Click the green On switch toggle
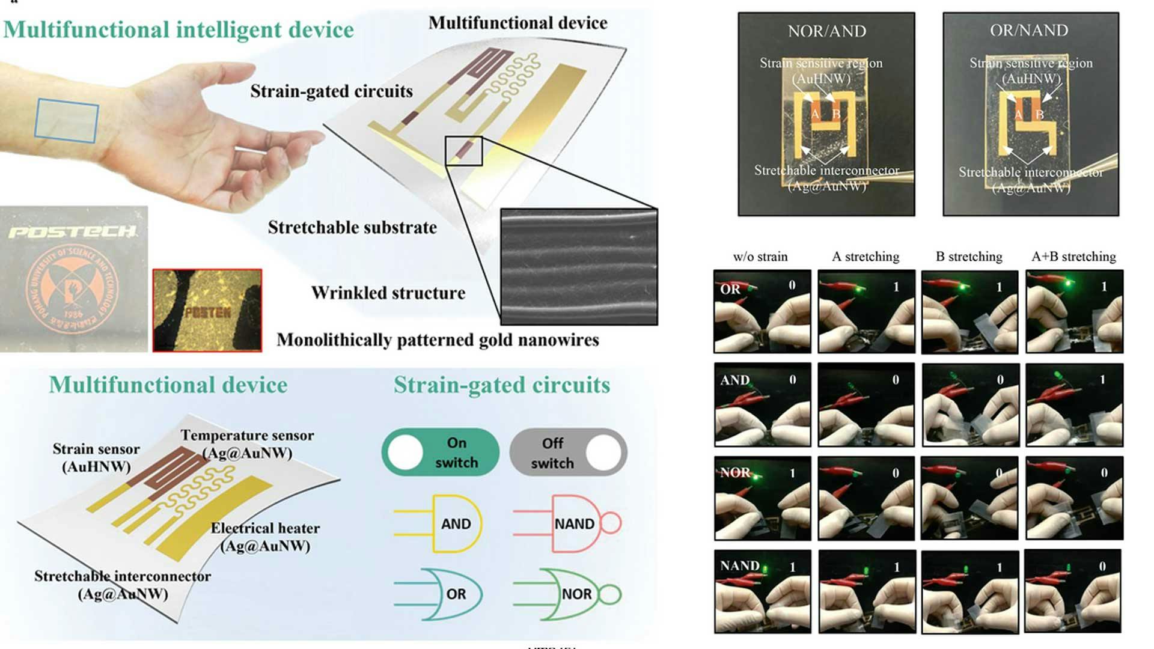(x=440, y=452)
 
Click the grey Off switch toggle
(x=568, y=452)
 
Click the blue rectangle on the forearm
(x=66, y=121)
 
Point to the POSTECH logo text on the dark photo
(x=72, y=232)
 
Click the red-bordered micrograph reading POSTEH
(x=207, y=310)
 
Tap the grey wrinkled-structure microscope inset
(x=579, y=267)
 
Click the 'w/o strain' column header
(x=760, y=257)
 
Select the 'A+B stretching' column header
(x=1073, y=257)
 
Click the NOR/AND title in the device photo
(x=826, y=31)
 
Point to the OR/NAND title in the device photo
(x=1029, y=30)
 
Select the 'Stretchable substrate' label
(x=352, y=228)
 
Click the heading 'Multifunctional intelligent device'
(x=179, y=30)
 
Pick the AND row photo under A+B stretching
(x=1074, y=405)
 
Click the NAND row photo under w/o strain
(x=762, y=591)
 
